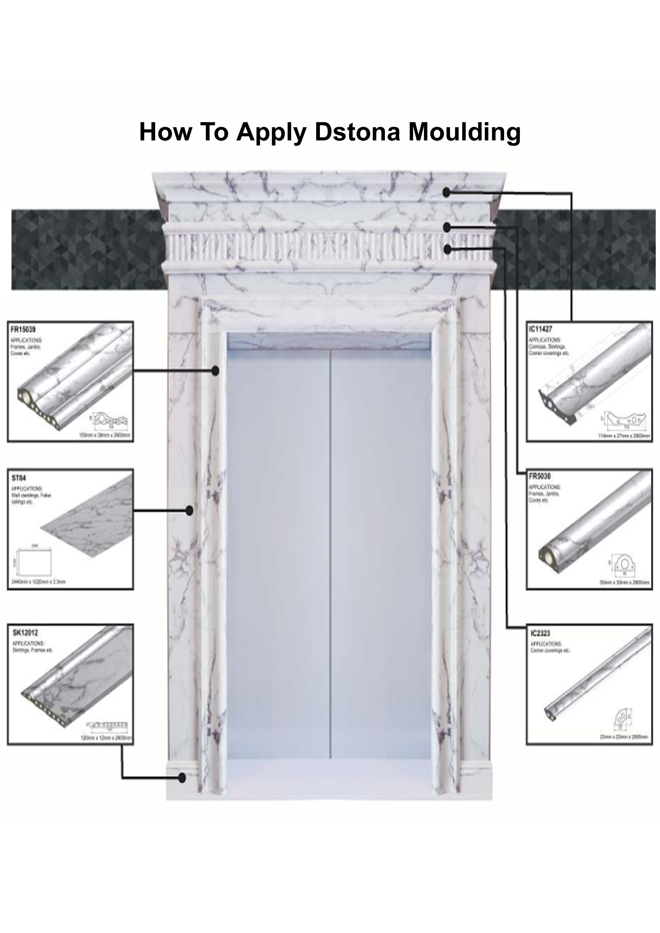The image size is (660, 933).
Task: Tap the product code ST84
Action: (19, 478)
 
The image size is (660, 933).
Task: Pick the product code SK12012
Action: (25, 633)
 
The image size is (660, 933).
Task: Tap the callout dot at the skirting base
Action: (183, 778)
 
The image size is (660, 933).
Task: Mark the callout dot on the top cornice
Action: (447, 193)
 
